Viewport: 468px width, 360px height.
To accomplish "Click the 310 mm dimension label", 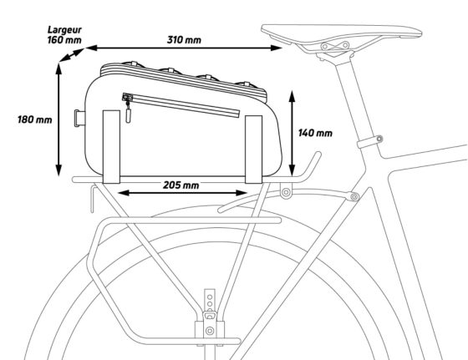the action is (184, 39).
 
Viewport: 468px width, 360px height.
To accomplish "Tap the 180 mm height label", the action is (34, 120).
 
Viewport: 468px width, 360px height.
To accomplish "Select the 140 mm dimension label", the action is (315, 133).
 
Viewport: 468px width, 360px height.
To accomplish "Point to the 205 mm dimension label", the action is (181, 185).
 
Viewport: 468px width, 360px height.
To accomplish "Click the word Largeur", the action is (64, 30).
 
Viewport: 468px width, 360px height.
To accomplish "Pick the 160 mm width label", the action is (64, 39).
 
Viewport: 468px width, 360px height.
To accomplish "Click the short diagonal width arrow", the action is (72, 55).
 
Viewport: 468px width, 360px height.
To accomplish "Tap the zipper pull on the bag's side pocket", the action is (129, 112).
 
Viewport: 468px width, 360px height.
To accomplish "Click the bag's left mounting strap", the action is (111, 147).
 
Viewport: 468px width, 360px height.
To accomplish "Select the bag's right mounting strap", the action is (254, 150).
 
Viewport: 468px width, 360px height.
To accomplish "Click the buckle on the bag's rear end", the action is (79, 119).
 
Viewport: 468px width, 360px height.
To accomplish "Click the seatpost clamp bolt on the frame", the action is (379, 139).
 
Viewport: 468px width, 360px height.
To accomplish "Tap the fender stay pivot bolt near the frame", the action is (354, 196).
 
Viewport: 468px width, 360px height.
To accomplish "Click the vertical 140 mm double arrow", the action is (292, 133).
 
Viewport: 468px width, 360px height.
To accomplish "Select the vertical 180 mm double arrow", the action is (58, 119).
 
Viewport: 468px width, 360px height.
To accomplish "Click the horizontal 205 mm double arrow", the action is (182, 193).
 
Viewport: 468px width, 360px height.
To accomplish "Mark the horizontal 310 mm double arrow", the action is (184, 48).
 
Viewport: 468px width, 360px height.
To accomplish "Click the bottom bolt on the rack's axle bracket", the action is (210, 331).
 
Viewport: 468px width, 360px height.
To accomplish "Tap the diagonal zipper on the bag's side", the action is (181, 105).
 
